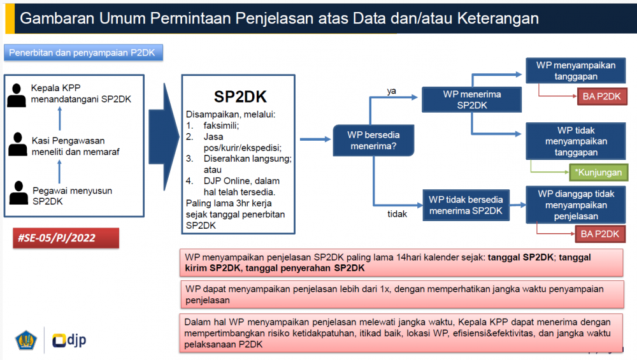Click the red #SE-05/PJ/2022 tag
[x=66, y=238]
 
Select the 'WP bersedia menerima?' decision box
[x=373, y=140]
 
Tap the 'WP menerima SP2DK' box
[x=471, y=99]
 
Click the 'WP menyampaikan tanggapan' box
[x=576, y=71]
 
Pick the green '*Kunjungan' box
[x=598, y=172]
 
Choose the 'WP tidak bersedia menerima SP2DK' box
[x=466, y=205]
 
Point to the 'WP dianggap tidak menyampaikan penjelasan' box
[x=576, y=205]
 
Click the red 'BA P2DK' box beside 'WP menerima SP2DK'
[x=602, y=97]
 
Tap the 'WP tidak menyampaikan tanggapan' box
[x=576, y=141]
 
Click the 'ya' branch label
[x=391, y=91]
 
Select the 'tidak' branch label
[x=397, y=214]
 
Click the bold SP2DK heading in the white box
[x=240, y=97]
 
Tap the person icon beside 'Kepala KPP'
[x=17, y=96]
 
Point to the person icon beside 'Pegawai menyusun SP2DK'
[x=18, y=192]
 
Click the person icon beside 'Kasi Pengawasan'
[x=18, y=144]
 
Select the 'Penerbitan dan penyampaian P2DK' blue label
[x=83, y=53]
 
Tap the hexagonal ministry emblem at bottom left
[x=26, y=340]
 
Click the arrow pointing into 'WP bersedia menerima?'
[x=315, y=140]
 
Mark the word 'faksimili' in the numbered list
[x=220, y=126]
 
